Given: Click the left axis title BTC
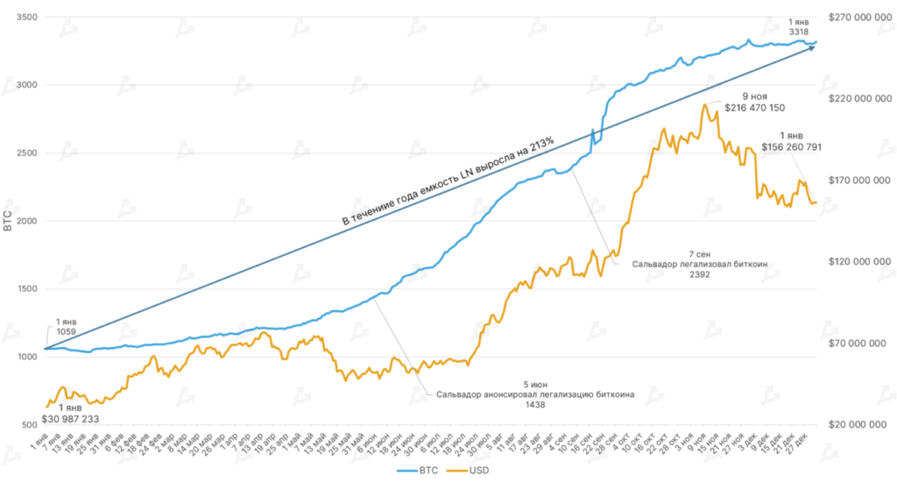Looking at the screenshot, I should [8, 221].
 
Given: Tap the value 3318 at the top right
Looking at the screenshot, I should [798, 32].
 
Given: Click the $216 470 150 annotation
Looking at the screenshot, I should [748, 108].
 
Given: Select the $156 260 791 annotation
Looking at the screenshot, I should [790, 146].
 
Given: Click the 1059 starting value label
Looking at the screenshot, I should [66, 332].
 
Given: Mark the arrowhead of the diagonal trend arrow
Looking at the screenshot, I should [812, 46].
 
